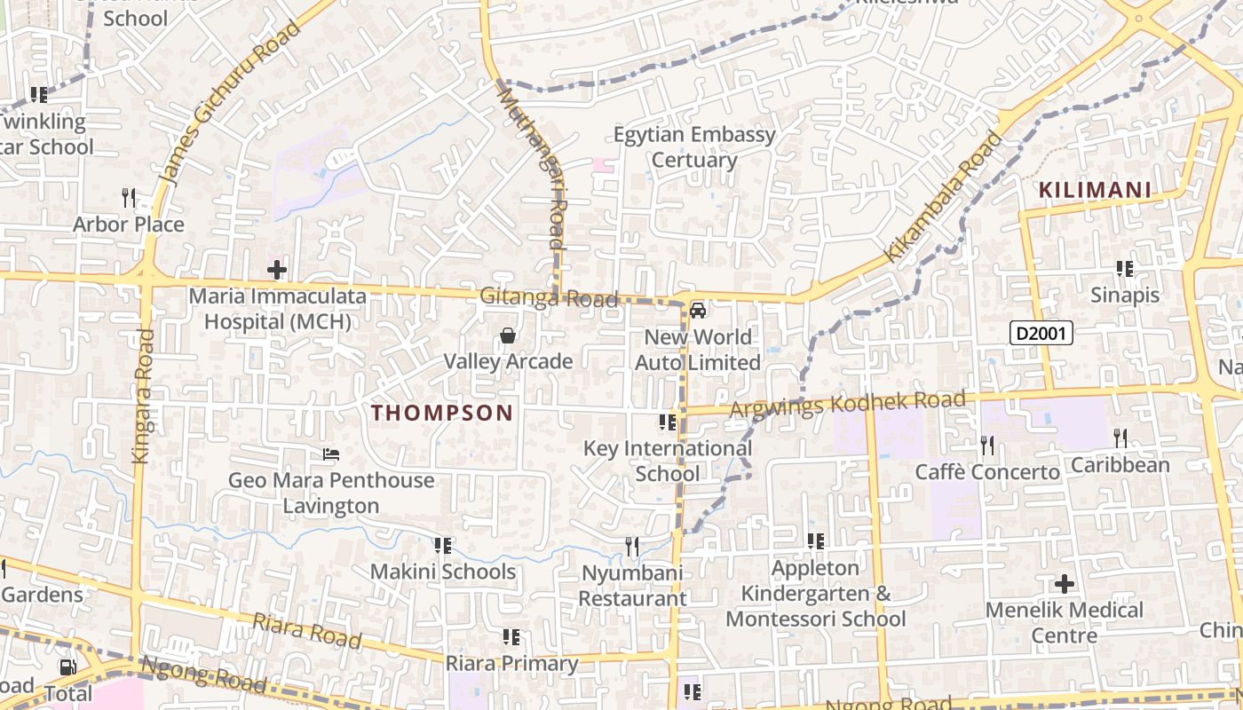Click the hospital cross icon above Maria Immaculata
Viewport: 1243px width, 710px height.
pos(277,269)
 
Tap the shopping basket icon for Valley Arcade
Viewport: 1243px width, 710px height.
pos(508,335)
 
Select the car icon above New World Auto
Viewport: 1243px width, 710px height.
pos(698,311)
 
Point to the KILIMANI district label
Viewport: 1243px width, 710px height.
pos(1095,190)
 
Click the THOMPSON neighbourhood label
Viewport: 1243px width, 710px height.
pos(442,413)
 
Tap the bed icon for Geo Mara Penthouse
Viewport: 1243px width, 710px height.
pos(331,455)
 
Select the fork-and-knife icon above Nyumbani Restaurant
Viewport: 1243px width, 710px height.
pos(632,547)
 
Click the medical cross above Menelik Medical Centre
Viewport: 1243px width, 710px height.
pos(1064,584)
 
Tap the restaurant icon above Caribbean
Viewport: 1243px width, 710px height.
pos(1120,438)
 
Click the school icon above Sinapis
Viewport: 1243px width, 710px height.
pos(1125,269)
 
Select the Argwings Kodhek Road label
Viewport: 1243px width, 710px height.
pos(847,405)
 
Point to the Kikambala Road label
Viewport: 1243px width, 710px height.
pos(943,198)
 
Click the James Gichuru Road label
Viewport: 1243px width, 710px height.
pos(233,103)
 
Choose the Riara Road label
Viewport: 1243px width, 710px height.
pos(306,629)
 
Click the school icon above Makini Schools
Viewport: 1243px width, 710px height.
pos(442,546)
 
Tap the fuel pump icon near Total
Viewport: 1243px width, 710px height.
pos(67,667)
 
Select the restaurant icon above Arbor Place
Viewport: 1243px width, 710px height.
pos(130,198)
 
